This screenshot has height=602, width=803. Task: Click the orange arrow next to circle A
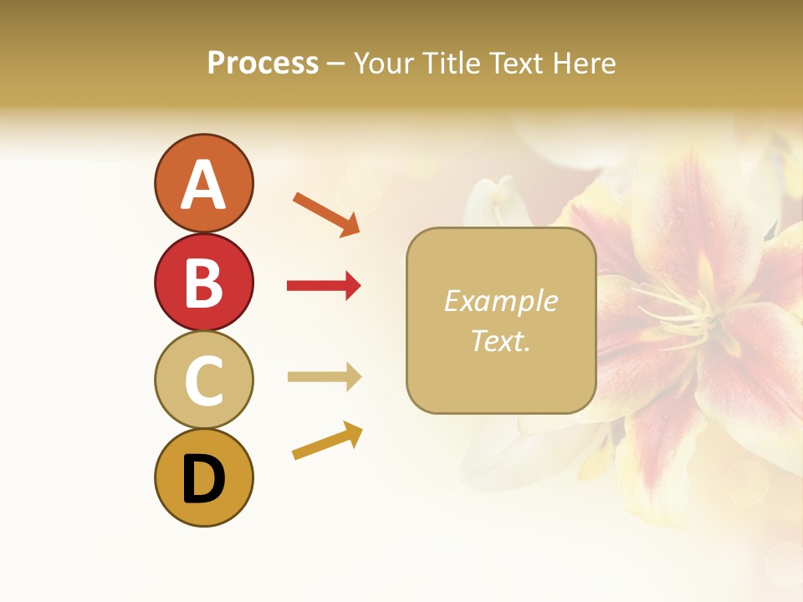click(326, 213)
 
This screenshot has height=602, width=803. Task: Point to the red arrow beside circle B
click(324, 286)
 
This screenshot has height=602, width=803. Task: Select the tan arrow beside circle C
click(324, 377)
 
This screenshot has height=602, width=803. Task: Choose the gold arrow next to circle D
click(327, 441)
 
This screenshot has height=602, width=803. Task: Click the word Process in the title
click(263, 63)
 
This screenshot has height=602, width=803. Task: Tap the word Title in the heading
click(450, 63)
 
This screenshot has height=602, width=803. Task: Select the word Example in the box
click(500, 301)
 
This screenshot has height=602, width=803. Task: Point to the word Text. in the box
click(500, 340)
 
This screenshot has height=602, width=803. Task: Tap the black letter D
click(203, 479)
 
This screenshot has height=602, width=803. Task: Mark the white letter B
click(203, 283)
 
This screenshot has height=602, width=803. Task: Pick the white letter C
click(203, 380)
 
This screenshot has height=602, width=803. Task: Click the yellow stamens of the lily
click(678, 314)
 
